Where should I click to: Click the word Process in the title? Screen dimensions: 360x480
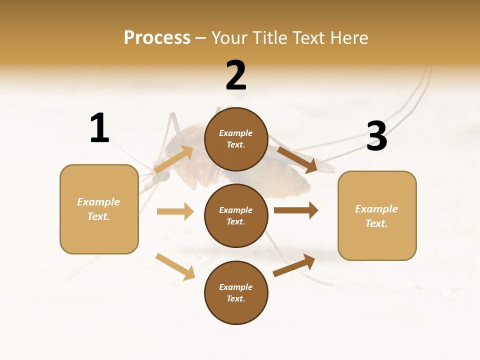pyautogui.click(x=157, y=38)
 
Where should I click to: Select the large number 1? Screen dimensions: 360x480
pyautogui.click(x=99, y=128)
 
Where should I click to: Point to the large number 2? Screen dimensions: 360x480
pyautogui.click(x=236, y=76)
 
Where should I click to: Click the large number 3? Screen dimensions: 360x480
pyautogui.click(x=376, y=136)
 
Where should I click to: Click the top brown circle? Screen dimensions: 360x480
pyautogui.click(x=236, y=139)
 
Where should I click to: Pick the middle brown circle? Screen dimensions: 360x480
pyautogui.click(x=236, y=216)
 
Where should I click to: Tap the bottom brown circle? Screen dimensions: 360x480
pyautogui.click(x=236, y=293)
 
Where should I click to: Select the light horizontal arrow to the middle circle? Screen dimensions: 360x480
pyautogui.click(x=175, y=211)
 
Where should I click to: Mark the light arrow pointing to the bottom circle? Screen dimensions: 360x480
pyautogui.click(x=175, y=266)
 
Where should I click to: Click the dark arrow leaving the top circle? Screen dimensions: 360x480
pyautogui.click(x=297, y=160)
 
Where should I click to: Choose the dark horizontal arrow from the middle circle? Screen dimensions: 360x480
pyautogui.click(x=296, y=210)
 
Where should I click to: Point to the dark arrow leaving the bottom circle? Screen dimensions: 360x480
pyautogui.click(x=294, y=265)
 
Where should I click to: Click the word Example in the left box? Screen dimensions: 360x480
pyautogui.click(x=98, y=202)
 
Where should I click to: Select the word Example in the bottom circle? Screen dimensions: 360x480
pyautogui.click(x=235, y=287)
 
